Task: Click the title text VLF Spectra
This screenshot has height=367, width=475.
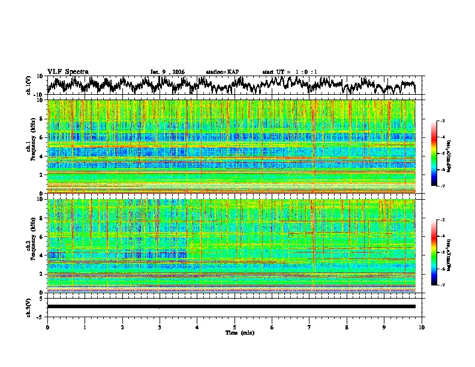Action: pos(68,71)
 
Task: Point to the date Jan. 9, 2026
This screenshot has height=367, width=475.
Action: pos(167,72)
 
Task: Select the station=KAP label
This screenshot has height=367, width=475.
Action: pos(222,72)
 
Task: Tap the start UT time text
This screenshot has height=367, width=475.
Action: pos(290,72)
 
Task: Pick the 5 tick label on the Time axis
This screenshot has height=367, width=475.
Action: pos(235,326)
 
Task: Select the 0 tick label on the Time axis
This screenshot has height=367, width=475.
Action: pos(47,326)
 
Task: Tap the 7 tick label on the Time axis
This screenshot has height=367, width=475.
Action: pos(309,326)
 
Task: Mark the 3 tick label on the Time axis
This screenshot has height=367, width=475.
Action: pos(160,326)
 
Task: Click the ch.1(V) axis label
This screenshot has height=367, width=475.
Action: pos(29,85)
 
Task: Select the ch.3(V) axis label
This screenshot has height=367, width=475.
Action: pos(29,306)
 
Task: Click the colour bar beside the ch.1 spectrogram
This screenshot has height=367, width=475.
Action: pos(434,154)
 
